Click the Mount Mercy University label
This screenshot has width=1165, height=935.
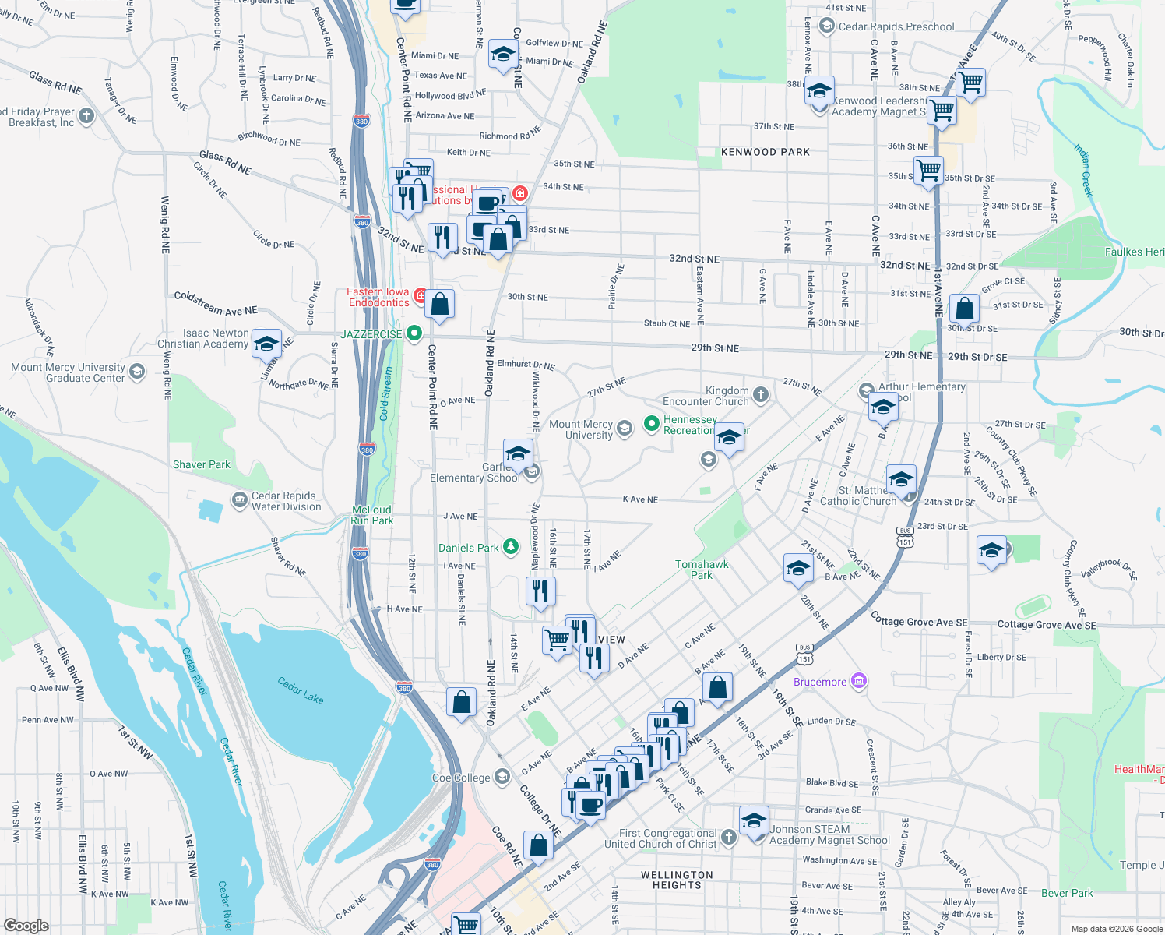[x=581, y=429]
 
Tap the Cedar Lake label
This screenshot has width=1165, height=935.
[x=301, y=690]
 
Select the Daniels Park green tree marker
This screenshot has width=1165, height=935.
[x=510, y=547]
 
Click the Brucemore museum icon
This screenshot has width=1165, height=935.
[x=858, y=681]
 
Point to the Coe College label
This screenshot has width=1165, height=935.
[x=462, y=778]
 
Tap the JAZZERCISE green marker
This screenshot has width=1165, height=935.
[x=414, y=333]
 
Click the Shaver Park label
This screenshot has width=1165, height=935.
[x=202, y=464]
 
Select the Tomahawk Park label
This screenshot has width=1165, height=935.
[x=702, y=570]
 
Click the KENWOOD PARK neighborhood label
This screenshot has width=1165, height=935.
[x=766, y=152]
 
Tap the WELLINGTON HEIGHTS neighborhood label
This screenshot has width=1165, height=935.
[x=677, y=880]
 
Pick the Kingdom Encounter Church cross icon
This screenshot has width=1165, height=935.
[x=761, y=395]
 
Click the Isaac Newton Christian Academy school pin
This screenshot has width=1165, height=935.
[x=266, y=344]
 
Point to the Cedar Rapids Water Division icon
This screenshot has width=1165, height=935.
[x=239, y=499]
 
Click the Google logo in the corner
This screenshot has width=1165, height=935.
[x=26, y=925]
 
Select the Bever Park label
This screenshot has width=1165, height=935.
[x=1067, y=893]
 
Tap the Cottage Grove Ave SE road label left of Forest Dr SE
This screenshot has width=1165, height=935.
[x=919, y=621]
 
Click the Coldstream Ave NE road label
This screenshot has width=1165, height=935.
[x=216, y=303]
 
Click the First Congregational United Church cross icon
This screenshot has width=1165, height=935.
[x=728, y=837]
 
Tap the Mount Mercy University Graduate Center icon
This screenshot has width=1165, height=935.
[x=137, y=372]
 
